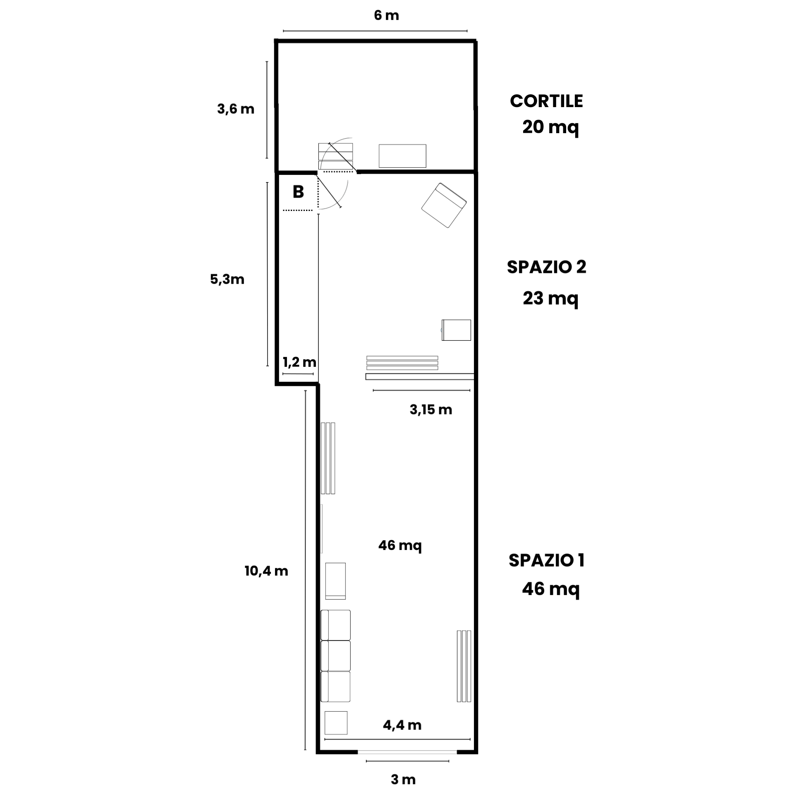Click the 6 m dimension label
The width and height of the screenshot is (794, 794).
pyautogui.click(x=386, y=16)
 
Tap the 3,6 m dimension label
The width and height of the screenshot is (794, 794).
pyautogui.click(x=236, y=109)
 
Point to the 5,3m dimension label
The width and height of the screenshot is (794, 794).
pyautogui.click(x=227, y=280)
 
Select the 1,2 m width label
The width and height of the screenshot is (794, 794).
pyautogui.click(x=299, y=362)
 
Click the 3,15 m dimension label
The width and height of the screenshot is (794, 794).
pyautogui.click(x=431, y=409)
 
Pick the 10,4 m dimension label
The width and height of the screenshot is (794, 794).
pyautogui.click(x=266, y=571)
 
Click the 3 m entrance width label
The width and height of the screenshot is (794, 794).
pyautogui.click(x=403, y=780)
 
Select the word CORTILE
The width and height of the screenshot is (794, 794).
pyautogui.click(x=546, y=101)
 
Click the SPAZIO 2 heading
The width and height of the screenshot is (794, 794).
pyautogui.click(x=547, y=267)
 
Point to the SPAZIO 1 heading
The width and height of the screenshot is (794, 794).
pyautogui.click(x=546, y=560)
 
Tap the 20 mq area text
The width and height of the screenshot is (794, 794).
pyautogui.click(x=550, y=127)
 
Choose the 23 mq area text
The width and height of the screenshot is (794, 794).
pyautogui.click(x=550, y=298)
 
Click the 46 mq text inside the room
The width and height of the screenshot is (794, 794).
pyautogui.click(x=400, y=545)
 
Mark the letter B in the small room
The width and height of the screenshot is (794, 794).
pyautogui.click(x=298, y=192)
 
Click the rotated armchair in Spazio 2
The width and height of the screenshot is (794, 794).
pyautogui.click(x=444, y=205)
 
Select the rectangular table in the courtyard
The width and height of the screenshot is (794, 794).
pyautogui.click(x=402, y=156)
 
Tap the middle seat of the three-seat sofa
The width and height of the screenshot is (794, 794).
pyautogui.click(x=335, y=656)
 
